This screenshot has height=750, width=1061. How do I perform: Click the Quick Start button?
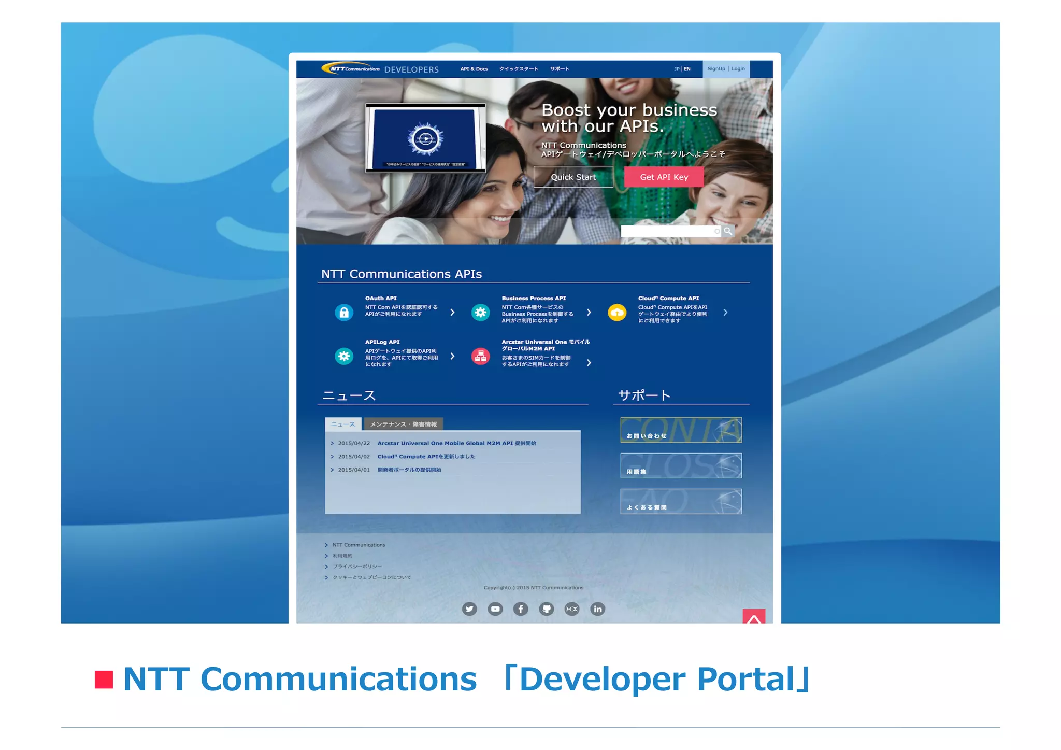tap(573, 177)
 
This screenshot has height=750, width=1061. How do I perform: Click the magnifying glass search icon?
tap(728, 231)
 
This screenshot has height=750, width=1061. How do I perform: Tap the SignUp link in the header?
tap(716, 69)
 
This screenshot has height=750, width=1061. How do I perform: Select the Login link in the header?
tap(738, 69)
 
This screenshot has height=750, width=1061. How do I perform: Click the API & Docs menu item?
tap(474, 69)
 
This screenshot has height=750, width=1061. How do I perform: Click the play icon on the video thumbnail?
tap(425, 139)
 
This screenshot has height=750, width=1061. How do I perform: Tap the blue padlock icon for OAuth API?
tap(344, 313)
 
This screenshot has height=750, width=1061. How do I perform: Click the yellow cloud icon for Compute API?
tap(617, 313)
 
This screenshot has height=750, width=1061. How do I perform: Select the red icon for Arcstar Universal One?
tap(480, 356)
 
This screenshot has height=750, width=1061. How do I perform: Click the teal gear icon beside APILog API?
tap(344, 356)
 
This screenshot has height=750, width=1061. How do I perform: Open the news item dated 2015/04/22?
tap(456, 443)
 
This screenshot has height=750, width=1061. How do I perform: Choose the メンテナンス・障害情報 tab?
tap(403, 424)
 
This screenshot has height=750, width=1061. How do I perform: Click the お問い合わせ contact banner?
tap(681, 430)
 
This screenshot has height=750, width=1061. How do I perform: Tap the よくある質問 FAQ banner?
tap(681, 502)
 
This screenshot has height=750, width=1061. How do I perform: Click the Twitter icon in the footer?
tap(469, 609)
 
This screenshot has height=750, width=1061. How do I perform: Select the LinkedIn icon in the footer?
tap(597, 609)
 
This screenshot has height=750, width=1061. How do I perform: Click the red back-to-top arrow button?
tap(754, 616)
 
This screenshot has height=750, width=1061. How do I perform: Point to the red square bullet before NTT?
tap(104, 680)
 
